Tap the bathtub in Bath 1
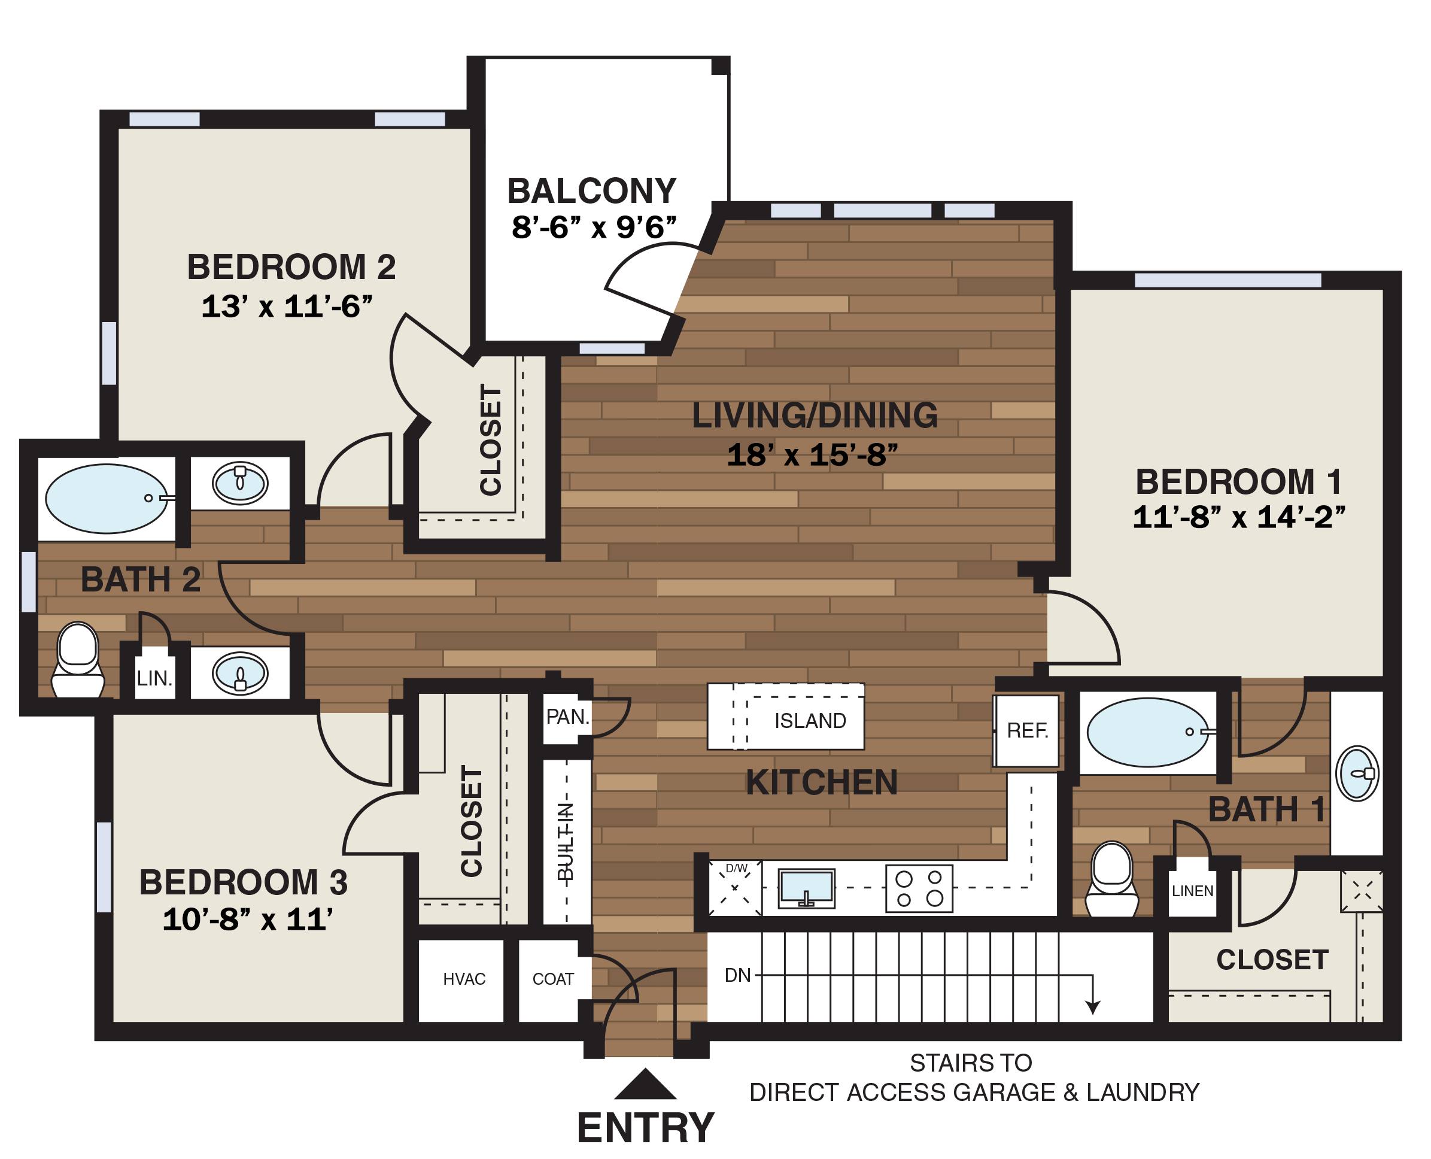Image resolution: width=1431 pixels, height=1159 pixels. coord(1147,732)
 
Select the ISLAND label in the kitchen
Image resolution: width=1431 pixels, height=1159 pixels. coord(810,721)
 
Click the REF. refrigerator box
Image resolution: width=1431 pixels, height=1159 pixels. coord(1027,730)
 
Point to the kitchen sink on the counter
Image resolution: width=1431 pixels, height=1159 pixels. coord(806,888)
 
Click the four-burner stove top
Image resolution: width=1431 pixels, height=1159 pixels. coord(919,888)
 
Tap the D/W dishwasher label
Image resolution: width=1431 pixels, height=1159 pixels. coord(736,869)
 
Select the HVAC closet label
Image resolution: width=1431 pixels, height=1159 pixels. coord(464,979)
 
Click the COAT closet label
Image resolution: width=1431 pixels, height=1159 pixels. coord(552,979)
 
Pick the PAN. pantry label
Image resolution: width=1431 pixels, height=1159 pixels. coord(567,717)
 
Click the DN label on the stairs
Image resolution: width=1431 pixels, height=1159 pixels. coord(737,975)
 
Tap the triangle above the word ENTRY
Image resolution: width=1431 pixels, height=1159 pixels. coord(645,1085)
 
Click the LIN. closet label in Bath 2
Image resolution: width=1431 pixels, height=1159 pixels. coord(154,679)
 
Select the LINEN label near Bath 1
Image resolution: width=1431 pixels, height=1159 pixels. coord(1193,891)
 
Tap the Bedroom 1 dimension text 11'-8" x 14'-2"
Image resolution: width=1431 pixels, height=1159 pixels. coord(1239,517)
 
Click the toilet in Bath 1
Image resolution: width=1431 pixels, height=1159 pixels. coord(1111,880)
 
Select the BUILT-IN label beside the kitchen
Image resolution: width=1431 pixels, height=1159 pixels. coord(566,842)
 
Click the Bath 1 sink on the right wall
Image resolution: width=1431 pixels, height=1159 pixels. coord(1357,774)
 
